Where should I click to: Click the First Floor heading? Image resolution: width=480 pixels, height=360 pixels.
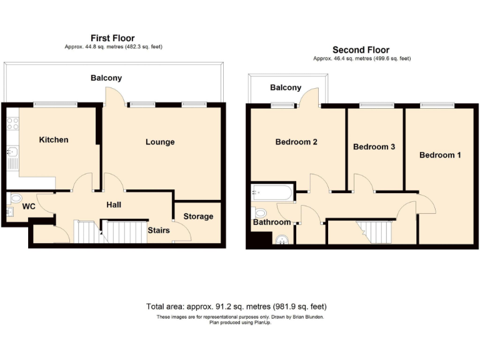pos(112,38)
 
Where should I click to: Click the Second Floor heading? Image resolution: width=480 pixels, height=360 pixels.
pos(361,50)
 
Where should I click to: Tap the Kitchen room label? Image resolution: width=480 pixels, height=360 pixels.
pos(54,139)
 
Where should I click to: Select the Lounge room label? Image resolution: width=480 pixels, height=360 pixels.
pos(160,142)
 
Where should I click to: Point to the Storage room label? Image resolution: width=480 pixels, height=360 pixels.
pos(198,216)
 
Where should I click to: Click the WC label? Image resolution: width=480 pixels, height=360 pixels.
pos(29,206)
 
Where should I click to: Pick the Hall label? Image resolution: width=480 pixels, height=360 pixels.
pos(114,204)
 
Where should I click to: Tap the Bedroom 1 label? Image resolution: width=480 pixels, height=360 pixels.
pos(440,154)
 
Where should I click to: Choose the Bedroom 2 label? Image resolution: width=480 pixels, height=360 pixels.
pos(296,142)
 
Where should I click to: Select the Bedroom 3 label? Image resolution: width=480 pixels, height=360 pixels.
pos(374,147)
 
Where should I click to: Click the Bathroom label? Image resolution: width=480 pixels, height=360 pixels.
pos(272,222)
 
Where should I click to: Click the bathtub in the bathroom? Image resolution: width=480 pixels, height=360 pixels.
pos(272,192)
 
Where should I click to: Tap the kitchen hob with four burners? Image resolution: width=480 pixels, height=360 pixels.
pos(12,123)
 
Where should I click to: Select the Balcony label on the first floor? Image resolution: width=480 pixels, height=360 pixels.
pos(106,78)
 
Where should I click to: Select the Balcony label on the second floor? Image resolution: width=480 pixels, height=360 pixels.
pos(286,87)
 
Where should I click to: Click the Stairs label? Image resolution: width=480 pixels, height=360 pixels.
pos(159,230)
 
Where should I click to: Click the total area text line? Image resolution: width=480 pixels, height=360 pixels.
pos(236,307)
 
